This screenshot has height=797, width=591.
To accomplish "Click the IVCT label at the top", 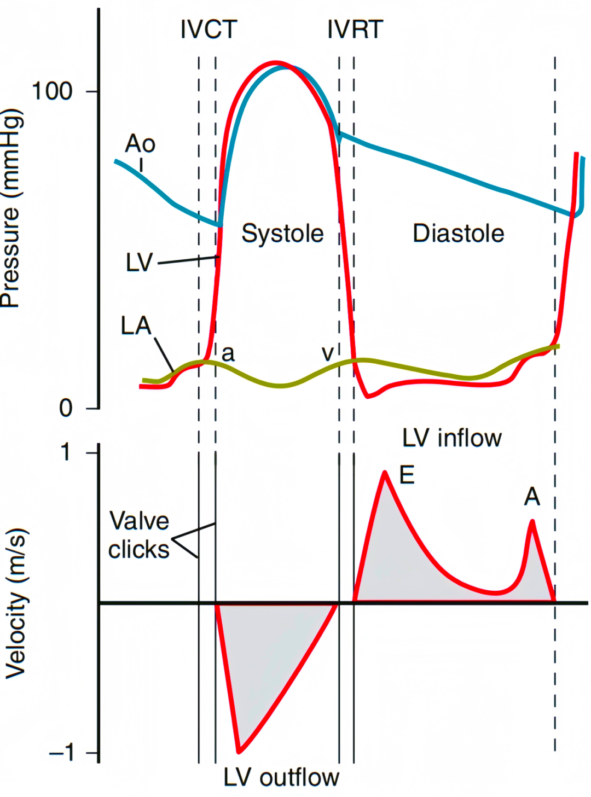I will click(208, 30).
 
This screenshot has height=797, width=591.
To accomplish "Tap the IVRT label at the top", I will click(355, 30).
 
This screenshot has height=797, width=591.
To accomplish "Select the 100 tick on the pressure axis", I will click(53, 91).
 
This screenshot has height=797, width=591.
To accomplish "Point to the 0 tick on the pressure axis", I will click(66, 408).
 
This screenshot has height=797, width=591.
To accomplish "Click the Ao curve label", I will click(140, 144).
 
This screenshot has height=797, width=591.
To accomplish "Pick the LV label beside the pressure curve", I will click(139, 263).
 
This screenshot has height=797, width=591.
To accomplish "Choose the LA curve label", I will click(136, 326).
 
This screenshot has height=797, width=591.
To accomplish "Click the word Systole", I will click(282, 234).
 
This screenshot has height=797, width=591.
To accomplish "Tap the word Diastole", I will click(458, 234).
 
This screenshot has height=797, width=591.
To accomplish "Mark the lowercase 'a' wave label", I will click(228, 354).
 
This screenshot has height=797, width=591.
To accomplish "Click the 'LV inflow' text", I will click(452, 438).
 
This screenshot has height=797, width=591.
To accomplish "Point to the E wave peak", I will click(385, 472).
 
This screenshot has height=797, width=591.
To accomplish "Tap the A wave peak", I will click(532, 521).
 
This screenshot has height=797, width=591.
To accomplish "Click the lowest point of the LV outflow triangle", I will click(239, 751).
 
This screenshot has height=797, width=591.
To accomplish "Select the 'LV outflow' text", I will click(281, 777).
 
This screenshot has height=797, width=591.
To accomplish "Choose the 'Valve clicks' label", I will click(139, 535).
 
